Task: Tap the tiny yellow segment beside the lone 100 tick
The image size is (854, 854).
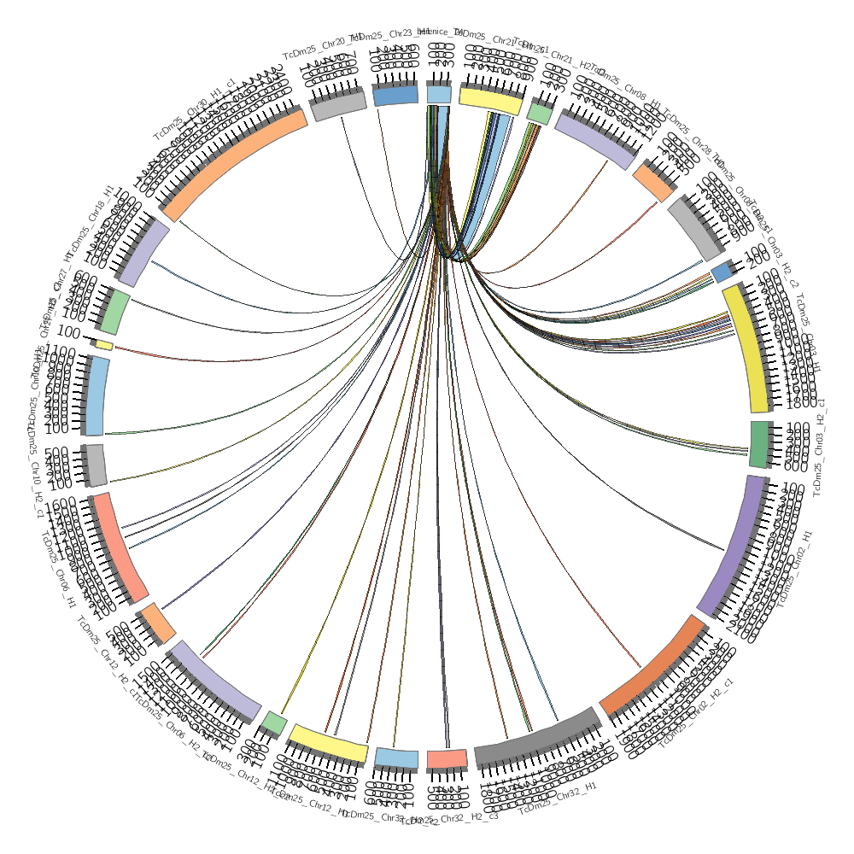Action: pyautogui.click(x=104, y=345)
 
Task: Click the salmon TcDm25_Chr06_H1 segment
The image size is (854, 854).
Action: pyautogui.click(x=120, y=547)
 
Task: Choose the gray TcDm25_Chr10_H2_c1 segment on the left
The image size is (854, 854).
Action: pyautogui.click(x=96, y=465)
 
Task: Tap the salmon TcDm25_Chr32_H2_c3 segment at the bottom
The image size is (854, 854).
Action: pyautogui.click(x=447, y=758)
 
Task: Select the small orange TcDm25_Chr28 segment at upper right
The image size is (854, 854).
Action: pyautogui.click(x=653, y=183)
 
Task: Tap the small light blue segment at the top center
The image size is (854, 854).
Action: pyautogui.click(x=439, y=94)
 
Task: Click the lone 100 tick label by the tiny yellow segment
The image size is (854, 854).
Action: pyautogui.click(x=69, y=332)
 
